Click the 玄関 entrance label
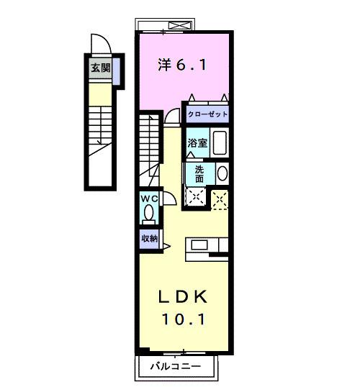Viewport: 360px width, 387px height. (101, 68)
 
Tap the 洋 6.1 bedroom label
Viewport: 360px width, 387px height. (182, 65)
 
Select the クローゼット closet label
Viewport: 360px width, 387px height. (207, 114)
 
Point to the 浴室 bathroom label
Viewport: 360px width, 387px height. (197, 143)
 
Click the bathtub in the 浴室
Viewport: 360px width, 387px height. (220, 142)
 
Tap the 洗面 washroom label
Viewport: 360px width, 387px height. (199, 174)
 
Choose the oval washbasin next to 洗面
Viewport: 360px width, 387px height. (222, 173)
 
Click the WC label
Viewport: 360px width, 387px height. (149, 199)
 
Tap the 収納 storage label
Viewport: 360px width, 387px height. (149, 238)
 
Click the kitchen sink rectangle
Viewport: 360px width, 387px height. (199, 245)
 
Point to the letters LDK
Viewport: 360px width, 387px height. (183, 296)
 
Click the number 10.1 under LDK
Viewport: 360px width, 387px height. (184, 319)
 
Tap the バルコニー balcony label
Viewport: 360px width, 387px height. (176, 366)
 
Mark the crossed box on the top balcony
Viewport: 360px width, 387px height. (180, 25)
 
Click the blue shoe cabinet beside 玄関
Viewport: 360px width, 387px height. (116, 70)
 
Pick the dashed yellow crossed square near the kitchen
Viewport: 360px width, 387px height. (220, 200)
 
